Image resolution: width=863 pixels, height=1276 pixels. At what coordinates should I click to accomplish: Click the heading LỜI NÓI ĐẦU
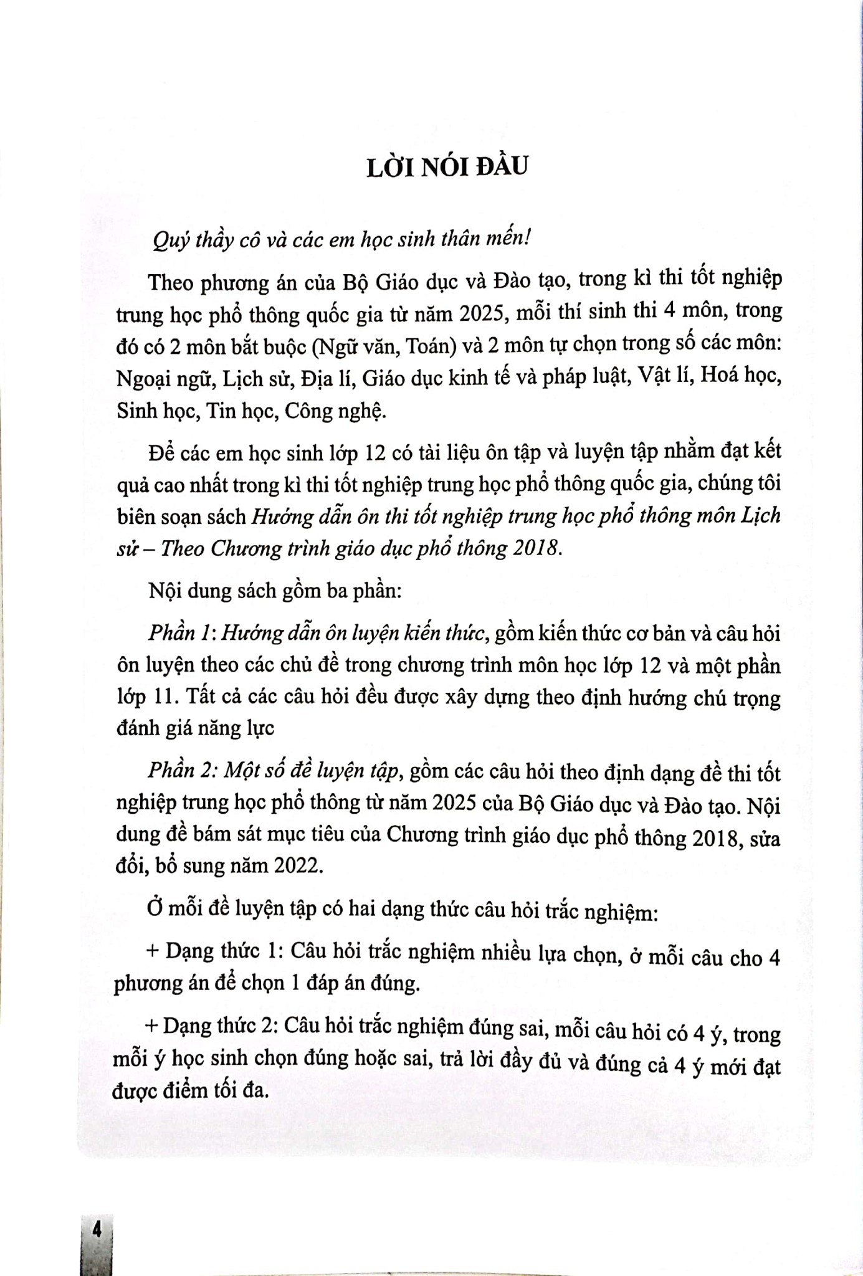(x=447, y=168)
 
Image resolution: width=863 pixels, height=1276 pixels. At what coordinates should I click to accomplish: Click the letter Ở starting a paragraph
(x=155, y=910)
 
